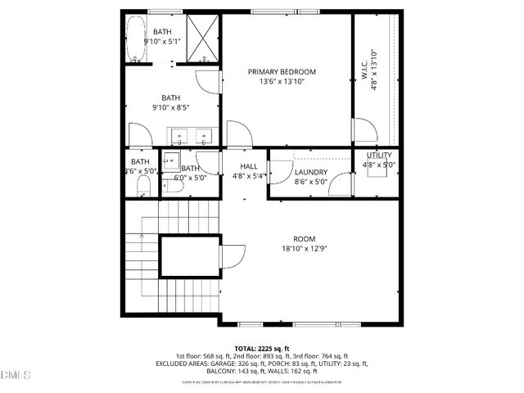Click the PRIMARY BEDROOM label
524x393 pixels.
click(282, 72)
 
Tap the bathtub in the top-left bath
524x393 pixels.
click(135, 39)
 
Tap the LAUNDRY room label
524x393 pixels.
click(311, 172)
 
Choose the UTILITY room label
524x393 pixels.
click(379, 156)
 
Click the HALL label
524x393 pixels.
click(249, 166)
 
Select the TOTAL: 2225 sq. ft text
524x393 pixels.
click(262, 348)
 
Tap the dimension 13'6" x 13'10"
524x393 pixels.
click(282, 82)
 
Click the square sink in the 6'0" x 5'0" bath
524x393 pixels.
click(172, 160)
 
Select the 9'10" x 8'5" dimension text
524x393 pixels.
click(176, 106)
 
